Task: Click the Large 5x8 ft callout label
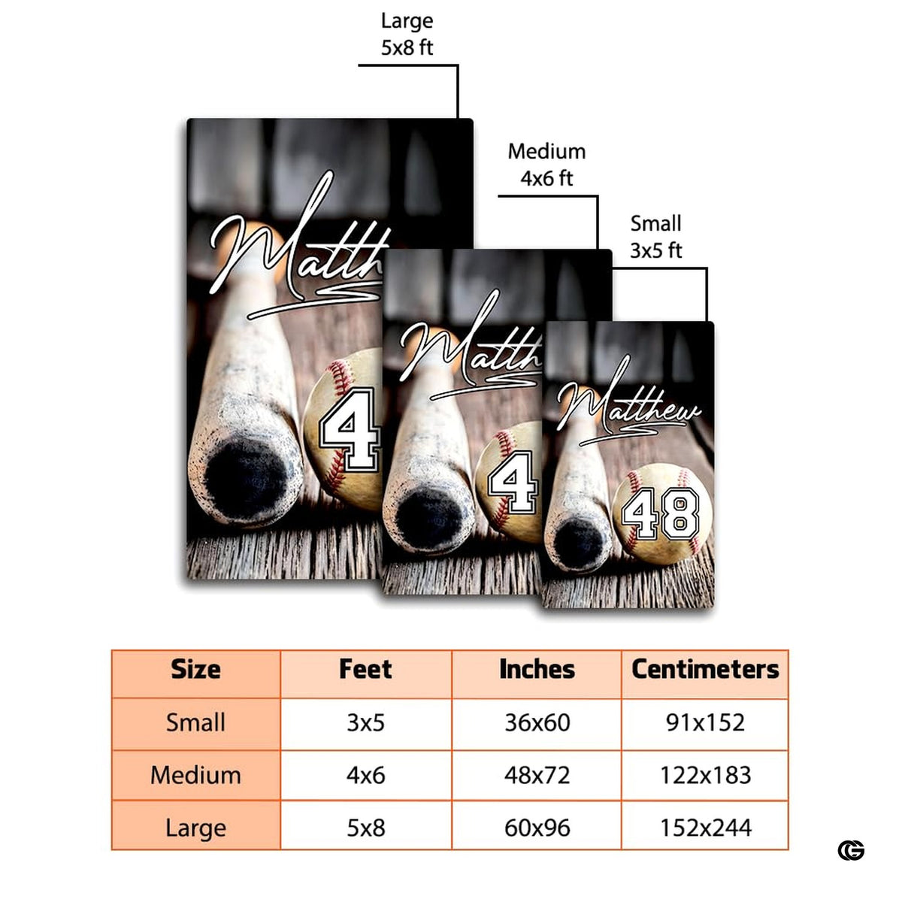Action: tap(407, 34)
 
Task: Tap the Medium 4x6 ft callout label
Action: tap(546, 165)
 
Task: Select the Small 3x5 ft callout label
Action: tap(655, 237)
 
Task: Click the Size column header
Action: tap(195, 669)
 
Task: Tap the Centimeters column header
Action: tap(705, 669)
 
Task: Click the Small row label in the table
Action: tap(195, 722)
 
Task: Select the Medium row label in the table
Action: tap(195, 775)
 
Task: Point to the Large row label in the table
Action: tap(195, 828)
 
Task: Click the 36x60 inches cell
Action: tap(537, 722)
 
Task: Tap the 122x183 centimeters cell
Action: tap(705, 775)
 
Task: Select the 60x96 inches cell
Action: tap(537, 828)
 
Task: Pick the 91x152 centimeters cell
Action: tap(705, 722)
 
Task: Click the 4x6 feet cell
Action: tap(365, 775)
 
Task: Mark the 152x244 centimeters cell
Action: tap(705, 828)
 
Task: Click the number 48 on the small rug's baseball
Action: tap(661, 513)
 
